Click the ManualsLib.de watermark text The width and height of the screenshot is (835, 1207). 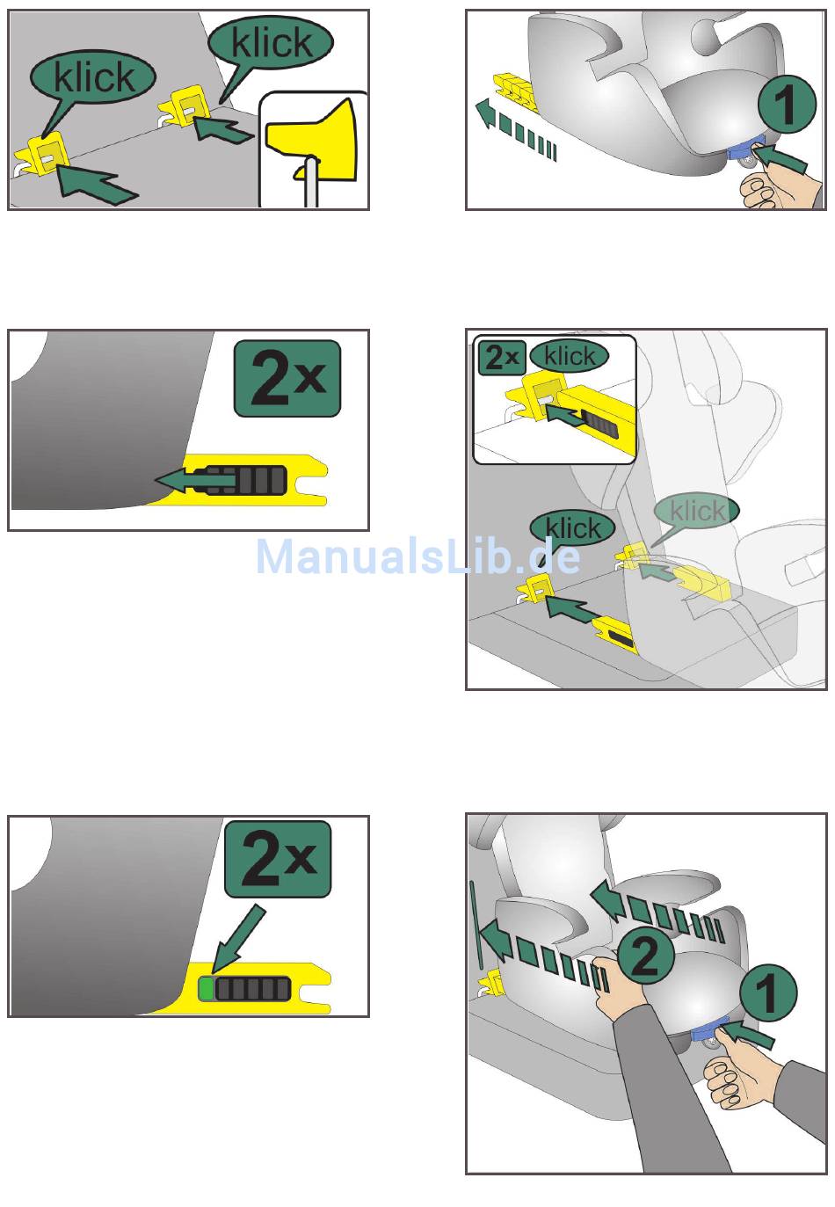point(418,556)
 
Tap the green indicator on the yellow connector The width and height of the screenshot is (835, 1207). point(206,989)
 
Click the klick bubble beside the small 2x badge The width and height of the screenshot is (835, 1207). point(570,356)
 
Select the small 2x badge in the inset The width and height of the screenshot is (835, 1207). point(502,357)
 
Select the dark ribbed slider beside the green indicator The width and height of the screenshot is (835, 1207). point(252,989)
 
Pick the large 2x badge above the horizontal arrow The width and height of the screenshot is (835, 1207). point(287,378)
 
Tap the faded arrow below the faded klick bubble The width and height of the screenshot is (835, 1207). point(657,571)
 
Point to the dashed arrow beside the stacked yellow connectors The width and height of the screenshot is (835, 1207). point(514,128)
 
